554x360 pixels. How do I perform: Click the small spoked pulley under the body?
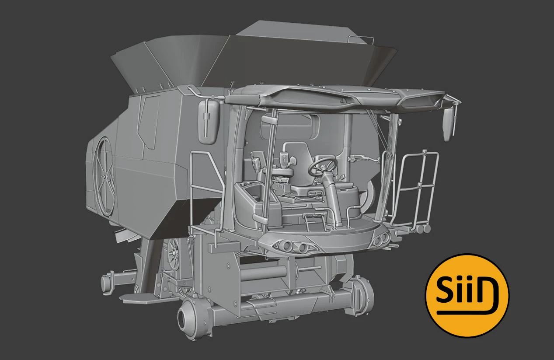click(174, 255)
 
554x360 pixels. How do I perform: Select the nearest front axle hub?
click(189, 315)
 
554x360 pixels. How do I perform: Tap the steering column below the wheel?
click(333, 197)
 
